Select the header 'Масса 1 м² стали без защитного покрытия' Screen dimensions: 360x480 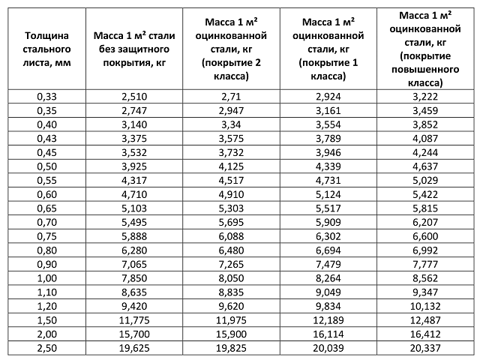point(135,49)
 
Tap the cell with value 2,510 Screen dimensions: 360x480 point(135,97)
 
